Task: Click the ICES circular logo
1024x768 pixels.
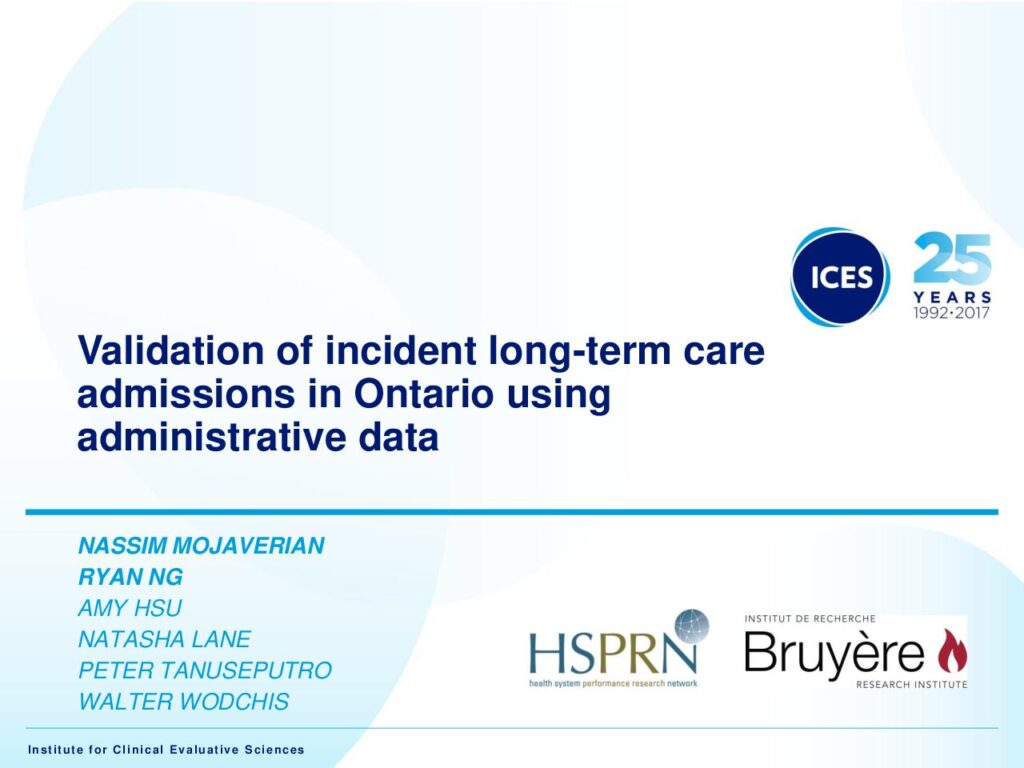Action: [840, 277]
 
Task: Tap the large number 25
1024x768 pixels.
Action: [952, 258]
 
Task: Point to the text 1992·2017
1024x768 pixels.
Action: [952, 312]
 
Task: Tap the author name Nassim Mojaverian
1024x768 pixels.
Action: [201, 545]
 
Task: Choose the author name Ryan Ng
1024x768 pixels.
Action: [131, 577]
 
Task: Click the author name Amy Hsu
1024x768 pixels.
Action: [129, 608]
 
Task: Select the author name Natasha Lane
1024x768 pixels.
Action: [165, 639]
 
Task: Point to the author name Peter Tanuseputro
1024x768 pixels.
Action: [205, 670]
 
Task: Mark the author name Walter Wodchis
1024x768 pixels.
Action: [184, 701]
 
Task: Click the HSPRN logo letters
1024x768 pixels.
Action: [613, 654]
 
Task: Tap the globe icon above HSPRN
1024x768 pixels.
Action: [691, 626]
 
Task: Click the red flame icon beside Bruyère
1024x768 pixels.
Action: [953, 650]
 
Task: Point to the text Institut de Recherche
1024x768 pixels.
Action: [810, 618]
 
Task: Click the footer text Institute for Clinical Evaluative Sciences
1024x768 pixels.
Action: [166, 750]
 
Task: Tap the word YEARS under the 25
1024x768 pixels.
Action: [952, 297]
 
